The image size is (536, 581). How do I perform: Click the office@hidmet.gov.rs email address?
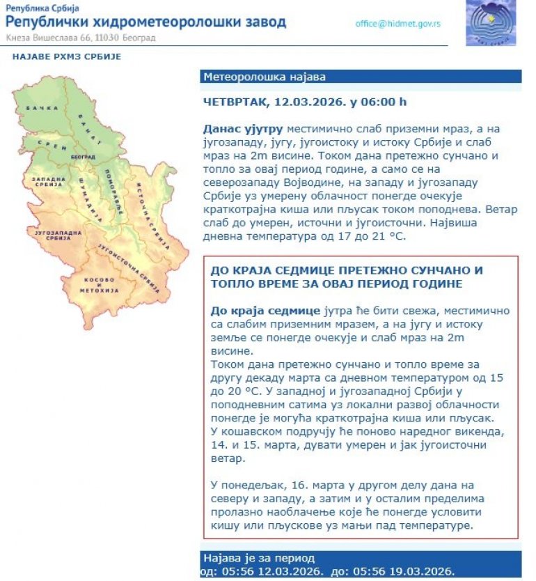[397, 23]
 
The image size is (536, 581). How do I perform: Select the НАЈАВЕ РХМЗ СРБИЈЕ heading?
[67, 56]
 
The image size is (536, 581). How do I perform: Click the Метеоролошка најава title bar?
[265, 77]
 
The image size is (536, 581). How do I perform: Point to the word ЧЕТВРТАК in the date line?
[235, 102]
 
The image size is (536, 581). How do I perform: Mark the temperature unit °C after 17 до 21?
[397, 236]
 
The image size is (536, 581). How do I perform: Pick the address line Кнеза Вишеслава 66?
[56, 37]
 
